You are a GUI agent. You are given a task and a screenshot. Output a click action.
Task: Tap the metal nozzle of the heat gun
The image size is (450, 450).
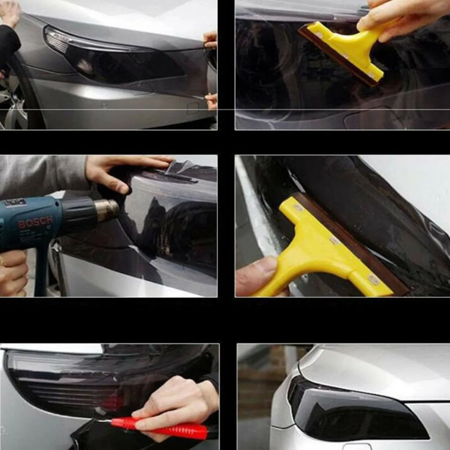(x=109, y=210)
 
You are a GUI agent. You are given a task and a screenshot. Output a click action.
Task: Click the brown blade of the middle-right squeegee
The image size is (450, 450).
(x=352, y=241)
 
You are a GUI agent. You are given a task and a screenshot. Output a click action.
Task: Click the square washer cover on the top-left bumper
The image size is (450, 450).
(x=192, y=108)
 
